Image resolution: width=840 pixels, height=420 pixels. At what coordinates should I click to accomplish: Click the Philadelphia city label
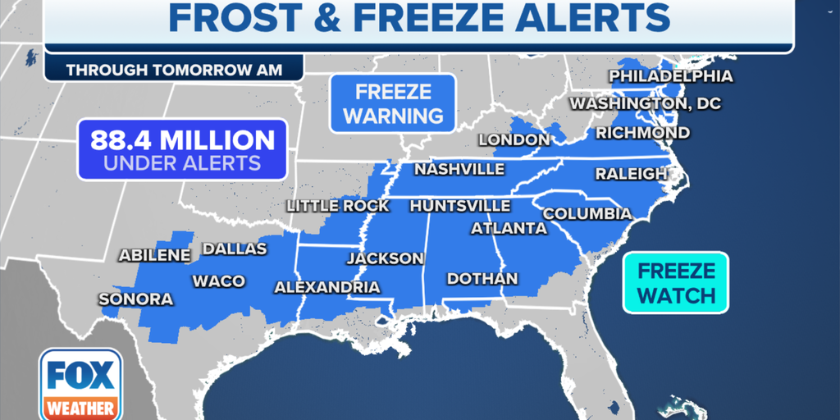pos(670,77)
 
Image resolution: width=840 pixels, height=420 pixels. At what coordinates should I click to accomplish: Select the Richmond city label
pos(642,133)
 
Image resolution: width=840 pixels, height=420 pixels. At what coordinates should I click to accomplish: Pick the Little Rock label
pos(337,206)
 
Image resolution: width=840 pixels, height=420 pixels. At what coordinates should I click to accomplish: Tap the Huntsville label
pos(459,206)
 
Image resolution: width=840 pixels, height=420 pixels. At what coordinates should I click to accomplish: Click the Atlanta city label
pos(509,228)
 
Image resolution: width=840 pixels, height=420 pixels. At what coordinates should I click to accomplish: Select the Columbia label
pos(587,214)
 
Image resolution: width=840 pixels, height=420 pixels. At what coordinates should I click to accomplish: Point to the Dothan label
pos(482,279)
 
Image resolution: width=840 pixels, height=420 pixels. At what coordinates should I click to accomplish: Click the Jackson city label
pos(385,258)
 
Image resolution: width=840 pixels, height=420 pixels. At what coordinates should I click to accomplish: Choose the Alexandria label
pos(326,287)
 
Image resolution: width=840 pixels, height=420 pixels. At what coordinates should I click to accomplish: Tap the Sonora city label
pos(136,299)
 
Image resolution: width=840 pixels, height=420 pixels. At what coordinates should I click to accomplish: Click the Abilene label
pos(154,255)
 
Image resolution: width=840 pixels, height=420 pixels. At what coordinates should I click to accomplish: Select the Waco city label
pos(218,281)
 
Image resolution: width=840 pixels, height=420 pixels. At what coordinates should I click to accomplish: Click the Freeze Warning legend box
pos(393,103)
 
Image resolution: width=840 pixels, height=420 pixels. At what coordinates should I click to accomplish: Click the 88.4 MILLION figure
pos(182,139)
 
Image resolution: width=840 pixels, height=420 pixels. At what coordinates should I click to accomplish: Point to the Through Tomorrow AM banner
pos(174,70)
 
